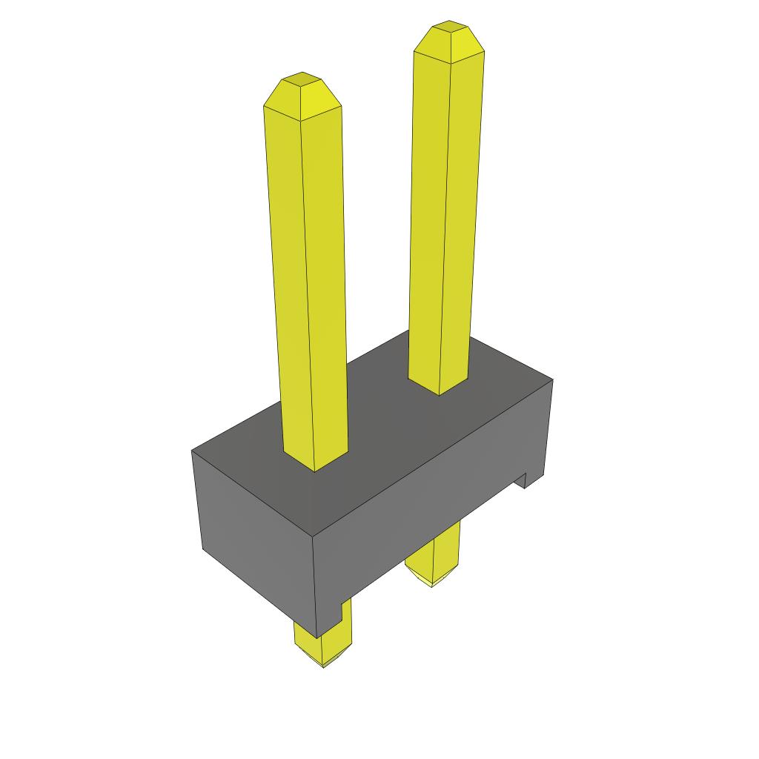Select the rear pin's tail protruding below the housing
pyautogui.click(x=434, y=556)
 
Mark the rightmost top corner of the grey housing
pyautogui.click(x=552, y=380)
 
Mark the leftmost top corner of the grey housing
pyautogui.click(x=193, y=451)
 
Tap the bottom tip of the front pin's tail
pyautogui.click(x=324, y=666)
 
